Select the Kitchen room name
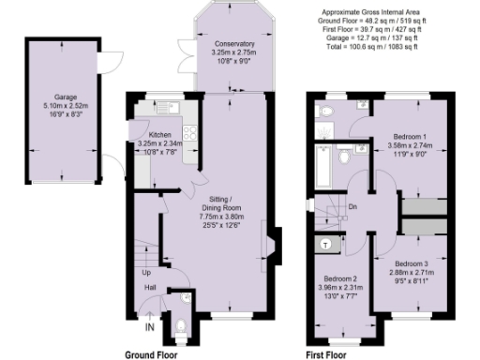coord(160,135)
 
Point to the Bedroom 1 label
coord(408,139)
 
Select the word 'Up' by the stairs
coord(144,273)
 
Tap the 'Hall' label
coord(149,288)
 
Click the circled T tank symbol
coord(325,243)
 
